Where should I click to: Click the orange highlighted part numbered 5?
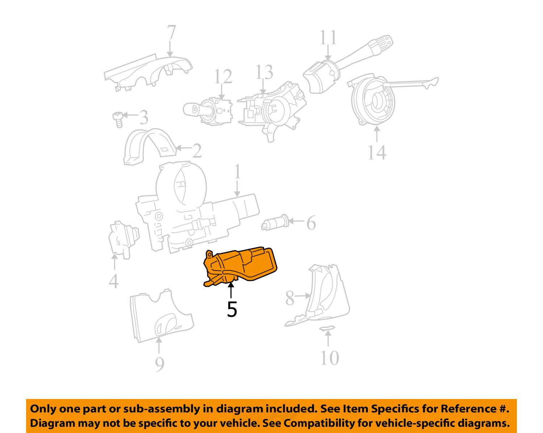coord(241,266)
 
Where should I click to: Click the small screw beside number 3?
coord(117,119)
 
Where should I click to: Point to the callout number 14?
coord(377,152)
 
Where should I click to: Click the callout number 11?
coord(328,38)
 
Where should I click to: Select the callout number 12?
coord(222,77)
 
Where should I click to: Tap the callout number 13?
coord(264,73)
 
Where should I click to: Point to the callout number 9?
coord(160,364)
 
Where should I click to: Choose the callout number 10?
coord(329,358)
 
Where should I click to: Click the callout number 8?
coord(290,298)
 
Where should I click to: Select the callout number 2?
coord(197,151)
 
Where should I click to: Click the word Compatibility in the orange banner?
coord(317,423)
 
